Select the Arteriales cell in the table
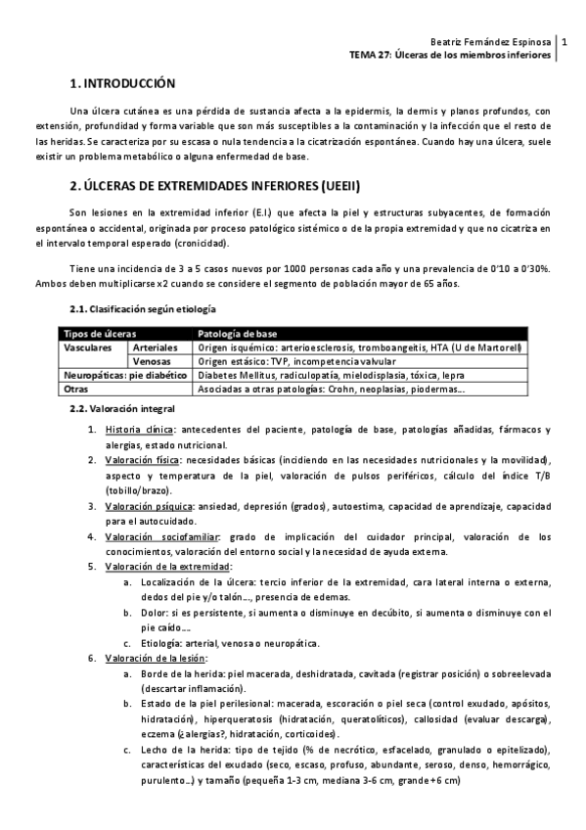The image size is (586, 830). (157, 347)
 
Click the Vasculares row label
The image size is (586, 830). (91, 347)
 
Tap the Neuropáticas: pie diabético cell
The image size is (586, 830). (124, 374)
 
